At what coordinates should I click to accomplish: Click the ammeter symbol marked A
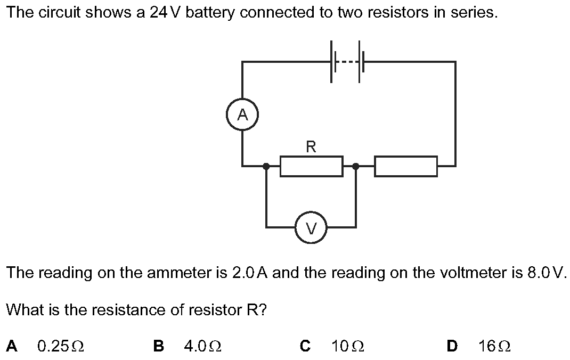tap(242, 115)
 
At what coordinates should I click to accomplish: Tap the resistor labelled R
tap(311, 166)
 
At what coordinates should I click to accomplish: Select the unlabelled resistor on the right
tap(406, 166)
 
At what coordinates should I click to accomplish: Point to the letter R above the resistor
tap(311, 146)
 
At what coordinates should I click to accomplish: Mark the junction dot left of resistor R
tap(266, 166)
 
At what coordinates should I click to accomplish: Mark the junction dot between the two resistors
tap(355, 166)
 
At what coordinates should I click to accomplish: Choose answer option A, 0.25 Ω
tap(60, 346)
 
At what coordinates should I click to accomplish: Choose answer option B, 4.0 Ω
tap(202, 346)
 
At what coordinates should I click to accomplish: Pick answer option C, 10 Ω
tap(347, 346)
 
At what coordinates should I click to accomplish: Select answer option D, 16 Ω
tap(494, 346)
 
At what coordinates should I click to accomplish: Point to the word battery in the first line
tap(211, 13)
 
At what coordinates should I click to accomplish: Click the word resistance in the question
tap(129, 309)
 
